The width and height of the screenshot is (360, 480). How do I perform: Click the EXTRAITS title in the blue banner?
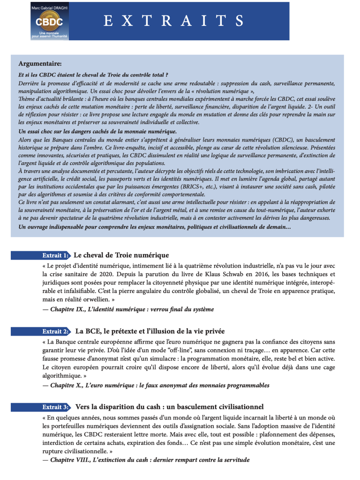(173, 21)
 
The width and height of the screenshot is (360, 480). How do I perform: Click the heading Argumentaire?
(39, 63)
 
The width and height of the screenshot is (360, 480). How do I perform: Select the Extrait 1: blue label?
(56, 255)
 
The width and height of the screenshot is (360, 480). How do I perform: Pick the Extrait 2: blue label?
(56, 331)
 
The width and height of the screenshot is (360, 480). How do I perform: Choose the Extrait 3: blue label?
(56, 407)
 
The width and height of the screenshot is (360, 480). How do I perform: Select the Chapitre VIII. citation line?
(146, 460)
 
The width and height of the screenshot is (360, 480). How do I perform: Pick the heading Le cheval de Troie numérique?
(121, 255)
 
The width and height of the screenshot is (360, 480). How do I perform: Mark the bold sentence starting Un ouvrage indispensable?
(155, 227)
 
